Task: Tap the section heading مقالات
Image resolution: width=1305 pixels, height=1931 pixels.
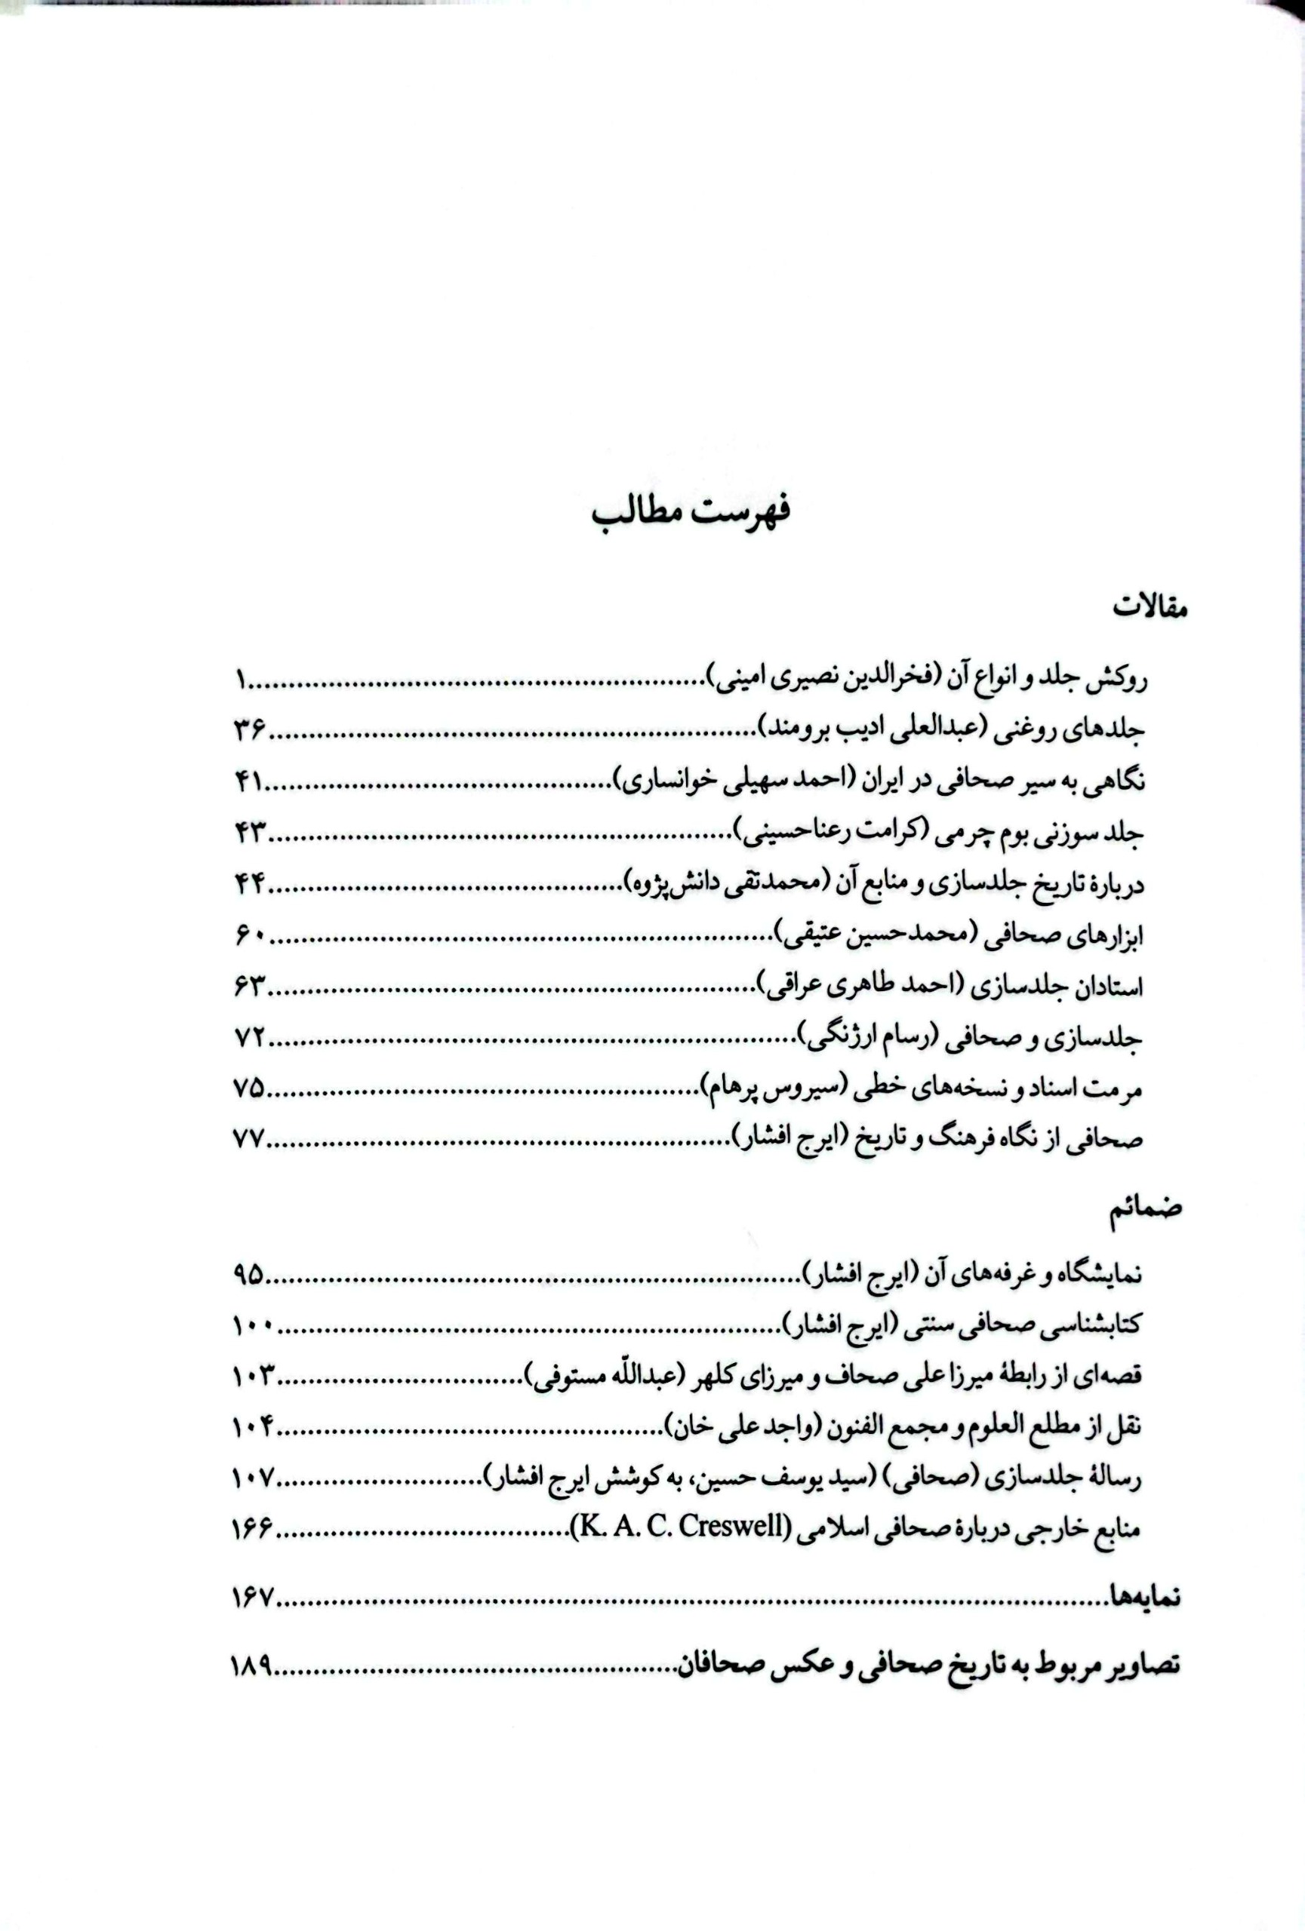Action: [x=1150, y=607]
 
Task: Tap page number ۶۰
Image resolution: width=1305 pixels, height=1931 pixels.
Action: [x=248, y=935]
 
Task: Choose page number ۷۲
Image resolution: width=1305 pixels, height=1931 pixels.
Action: [x=248, y=1038]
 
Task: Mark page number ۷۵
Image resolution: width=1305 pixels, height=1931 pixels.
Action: [x=248, y=1088]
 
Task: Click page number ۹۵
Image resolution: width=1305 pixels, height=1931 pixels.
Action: [x=248, y=1274]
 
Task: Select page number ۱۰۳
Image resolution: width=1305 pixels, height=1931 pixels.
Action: [x=254, y=1376]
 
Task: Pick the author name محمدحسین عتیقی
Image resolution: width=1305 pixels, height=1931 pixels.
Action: [x=867, y=935]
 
